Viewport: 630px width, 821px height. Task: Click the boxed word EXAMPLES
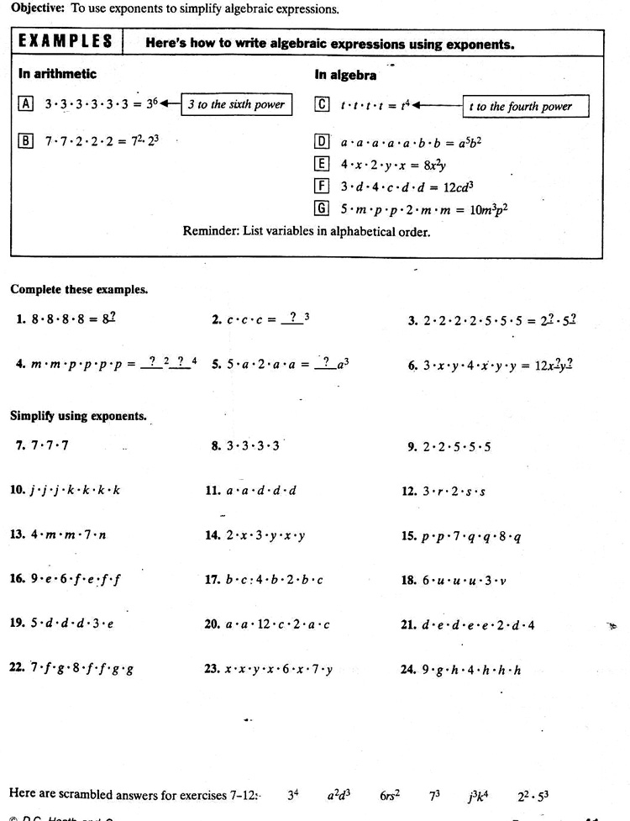point(66,42)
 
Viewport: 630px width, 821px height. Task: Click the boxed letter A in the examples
point(25,104)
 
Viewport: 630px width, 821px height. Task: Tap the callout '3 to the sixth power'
point(237,105)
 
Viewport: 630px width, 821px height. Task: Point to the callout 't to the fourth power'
point(525,107)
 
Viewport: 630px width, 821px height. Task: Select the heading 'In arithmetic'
point(57,74)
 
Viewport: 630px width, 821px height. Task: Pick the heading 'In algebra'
point(345,75)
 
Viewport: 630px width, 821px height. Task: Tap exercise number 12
point(409,490)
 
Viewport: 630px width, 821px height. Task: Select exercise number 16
point(18,579)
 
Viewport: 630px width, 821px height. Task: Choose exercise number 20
point(213,624)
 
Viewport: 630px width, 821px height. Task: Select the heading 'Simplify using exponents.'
point(79,415)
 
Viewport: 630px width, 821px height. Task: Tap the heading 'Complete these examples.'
point(79,289)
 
